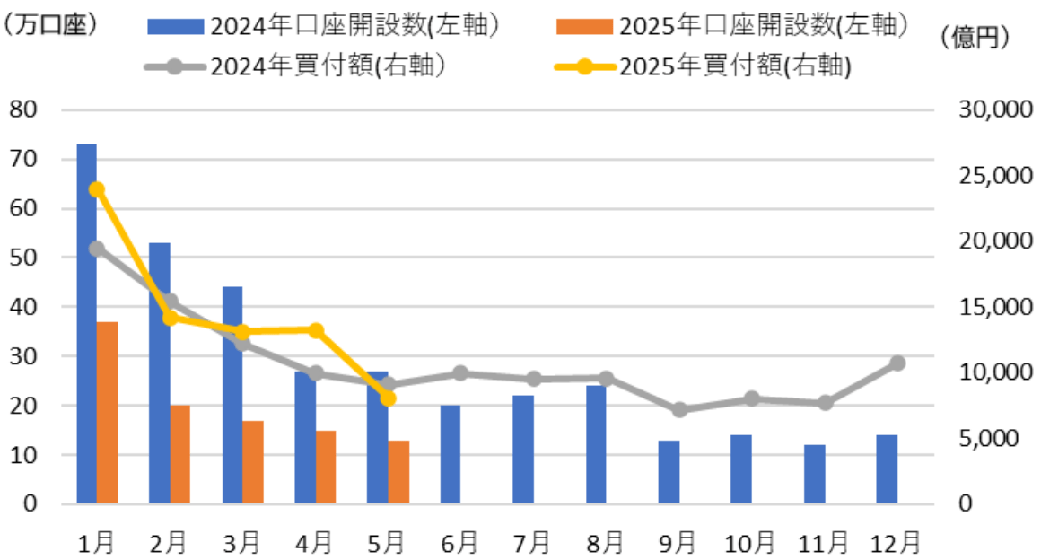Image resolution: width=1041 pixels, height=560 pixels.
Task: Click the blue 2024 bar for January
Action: pos(86,323)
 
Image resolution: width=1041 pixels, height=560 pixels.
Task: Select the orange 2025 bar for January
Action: pos(107,412)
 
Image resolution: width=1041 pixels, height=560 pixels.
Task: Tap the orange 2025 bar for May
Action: pos(398,471)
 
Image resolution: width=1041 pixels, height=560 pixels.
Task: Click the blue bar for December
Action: pos(887,469)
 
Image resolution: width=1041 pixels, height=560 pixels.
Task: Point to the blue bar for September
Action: pos(669,471)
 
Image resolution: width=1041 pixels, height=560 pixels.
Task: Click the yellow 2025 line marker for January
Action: pos(97,189)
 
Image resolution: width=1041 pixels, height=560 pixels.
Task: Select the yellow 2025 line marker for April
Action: pos(316,330)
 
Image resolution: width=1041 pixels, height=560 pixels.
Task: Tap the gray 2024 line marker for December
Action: pos(897,363)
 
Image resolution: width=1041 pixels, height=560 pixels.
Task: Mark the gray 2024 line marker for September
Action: pos(679,410)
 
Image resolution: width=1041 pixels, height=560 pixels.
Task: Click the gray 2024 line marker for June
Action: pos(460,373)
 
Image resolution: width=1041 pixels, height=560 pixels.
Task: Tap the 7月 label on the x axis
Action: pos(532,542)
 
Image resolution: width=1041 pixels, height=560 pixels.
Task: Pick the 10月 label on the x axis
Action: pos(751,542)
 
